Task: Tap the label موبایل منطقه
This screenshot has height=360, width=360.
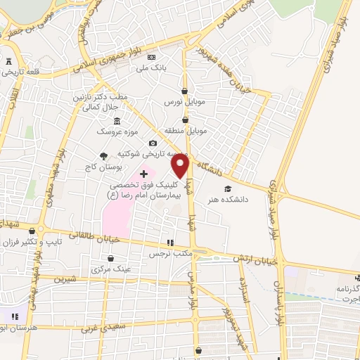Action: (x=185, y=131)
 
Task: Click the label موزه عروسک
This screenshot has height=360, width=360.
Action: (x=112, y=132)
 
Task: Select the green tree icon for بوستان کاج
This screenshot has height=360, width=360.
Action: (x=103, y=156)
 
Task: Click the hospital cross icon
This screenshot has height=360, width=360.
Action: (x=144, y=173)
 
